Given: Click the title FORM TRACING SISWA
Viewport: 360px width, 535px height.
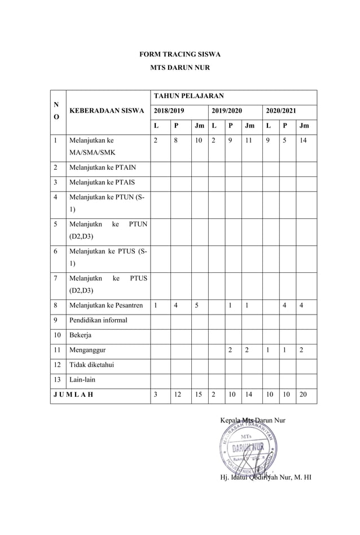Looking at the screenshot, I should tap(179, 55).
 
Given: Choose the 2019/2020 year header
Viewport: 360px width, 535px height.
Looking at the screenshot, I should tap(225, 111).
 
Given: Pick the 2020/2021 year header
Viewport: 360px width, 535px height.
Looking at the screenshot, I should tap(281, 111).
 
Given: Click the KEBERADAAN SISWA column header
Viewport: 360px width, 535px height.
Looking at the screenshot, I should tap(107, 111).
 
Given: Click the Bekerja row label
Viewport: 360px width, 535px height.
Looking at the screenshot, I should tap(80, 335).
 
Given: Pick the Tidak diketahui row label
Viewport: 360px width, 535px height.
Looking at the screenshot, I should tap(91, 365).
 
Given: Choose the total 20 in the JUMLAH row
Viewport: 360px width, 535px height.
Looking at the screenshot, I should tap(304, 395).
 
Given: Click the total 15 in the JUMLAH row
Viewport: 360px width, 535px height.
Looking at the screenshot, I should tap(198, 395).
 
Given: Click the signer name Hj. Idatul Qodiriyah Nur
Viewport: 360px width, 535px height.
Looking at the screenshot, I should tap(266, 479).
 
